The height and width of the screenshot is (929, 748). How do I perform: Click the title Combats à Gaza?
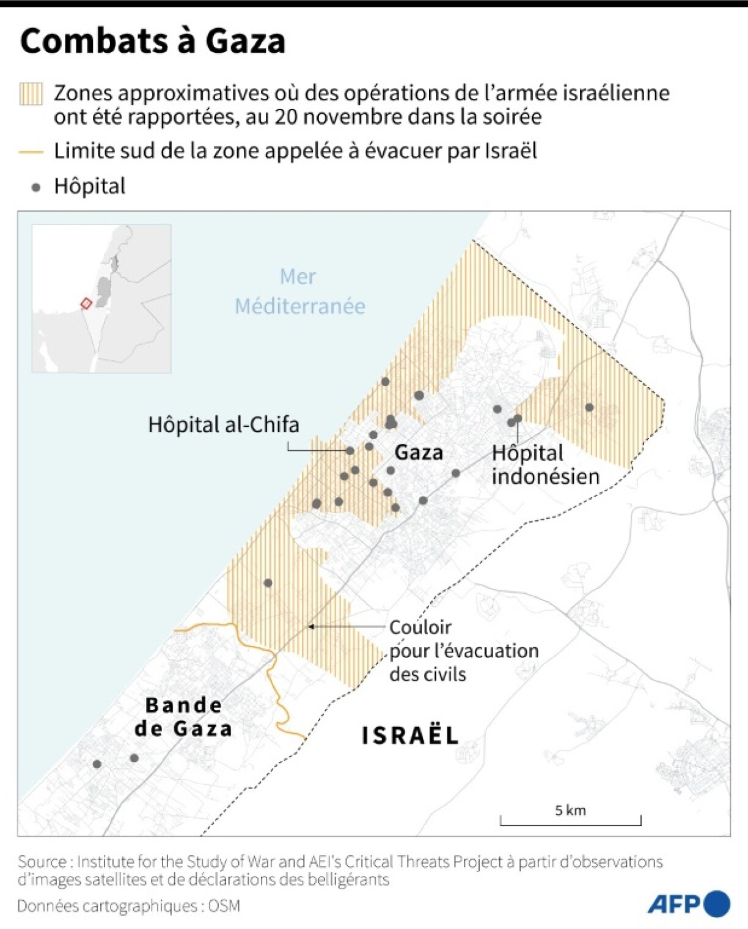[x=153, y=41]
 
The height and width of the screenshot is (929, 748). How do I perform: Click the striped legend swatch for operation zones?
[x=31, y=94]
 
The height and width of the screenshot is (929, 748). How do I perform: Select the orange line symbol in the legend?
[x=31, y=152]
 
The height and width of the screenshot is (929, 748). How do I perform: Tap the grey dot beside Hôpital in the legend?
[x=36, y=187]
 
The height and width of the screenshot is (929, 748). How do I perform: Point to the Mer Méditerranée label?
[x=299, y=291]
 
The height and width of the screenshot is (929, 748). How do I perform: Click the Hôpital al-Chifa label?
[x=224, y=424]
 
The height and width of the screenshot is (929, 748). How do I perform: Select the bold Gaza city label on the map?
[x=419, y=453]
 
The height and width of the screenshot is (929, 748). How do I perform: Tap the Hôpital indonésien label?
[x=545, y=465]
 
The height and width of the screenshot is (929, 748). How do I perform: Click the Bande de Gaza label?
[x=183, y=717]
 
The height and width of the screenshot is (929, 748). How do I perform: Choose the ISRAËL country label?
[x=410, y=736]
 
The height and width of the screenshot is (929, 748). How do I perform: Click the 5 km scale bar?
[x=570, y=820]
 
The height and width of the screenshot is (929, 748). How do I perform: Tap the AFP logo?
[x=688, y=904]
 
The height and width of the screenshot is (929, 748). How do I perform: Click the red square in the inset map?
[x=86, y=303]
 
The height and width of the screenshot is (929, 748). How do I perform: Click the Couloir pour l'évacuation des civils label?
[x=463, y=651]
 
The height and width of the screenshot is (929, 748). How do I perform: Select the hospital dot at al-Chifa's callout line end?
[x=350, y=451]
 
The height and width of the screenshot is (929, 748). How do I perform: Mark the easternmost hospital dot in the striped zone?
[x=589, y=407]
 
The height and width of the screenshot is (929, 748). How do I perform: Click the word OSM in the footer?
[x=224, y=906]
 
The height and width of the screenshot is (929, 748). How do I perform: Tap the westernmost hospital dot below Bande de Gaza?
[x=97, y=764]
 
